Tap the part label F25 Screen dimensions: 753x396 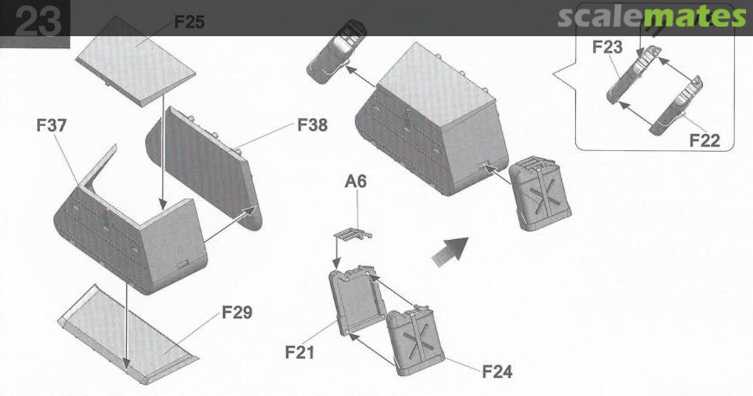pos(189,22)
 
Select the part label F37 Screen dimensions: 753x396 pos(52,125)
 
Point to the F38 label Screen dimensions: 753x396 pos(312,125)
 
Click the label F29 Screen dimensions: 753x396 pos(237,312)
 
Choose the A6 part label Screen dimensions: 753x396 pos(356,181)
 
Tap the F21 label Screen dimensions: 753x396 pos(299,352)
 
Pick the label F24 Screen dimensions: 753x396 pos(497,372)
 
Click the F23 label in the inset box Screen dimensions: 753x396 pos(607,47)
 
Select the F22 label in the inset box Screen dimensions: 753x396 pos(704,141)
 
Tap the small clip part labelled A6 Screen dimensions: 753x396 pos(353,235)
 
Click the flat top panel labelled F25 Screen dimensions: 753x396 pos(135,61)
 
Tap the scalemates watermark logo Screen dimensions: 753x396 pos(652,17)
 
